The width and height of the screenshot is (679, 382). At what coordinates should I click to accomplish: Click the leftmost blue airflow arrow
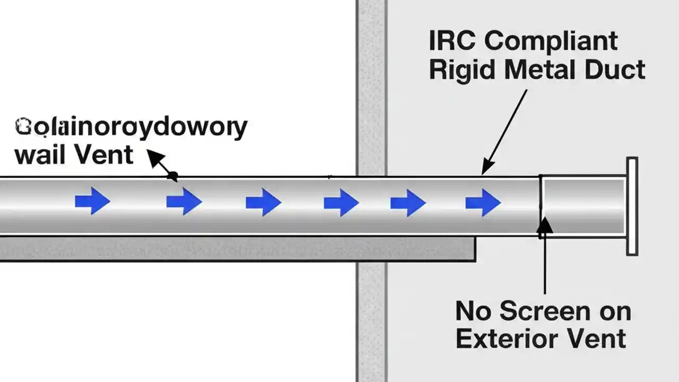(93, 201)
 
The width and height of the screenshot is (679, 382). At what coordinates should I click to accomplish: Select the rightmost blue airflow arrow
(483, 202)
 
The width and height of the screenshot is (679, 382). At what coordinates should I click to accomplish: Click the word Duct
(615, 70)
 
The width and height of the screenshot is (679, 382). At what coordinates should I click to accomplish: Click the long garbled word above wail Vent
(131, 127)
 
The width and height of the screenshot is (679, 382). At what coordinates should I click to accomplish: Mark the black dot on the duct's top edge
(173, 176)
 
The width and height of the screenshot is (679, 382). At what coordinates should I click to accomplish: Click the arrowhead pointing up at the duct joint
(545, 225)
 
